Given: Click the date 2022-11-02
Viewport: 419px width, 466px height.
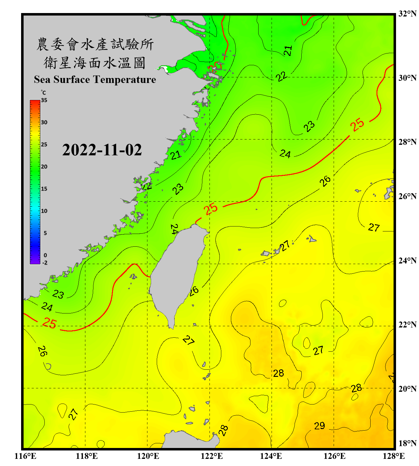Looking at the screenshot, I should [x=102, y=150].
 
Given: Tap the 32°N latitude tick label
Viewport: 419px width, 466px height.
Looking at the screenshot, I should [x=407, y=14].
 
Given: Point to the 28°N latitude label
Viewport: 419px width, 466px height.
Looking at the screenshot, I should [x=407, y=142].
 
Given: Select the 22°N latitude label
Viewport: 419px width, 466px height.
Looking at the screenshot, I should [x=407, y=325].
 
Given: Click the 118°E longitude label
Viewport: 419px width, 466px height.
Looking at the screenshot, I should [x=87, y=456].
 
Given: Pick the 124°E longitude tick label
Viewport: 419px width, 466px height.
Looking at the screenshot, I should [x=271, y=456].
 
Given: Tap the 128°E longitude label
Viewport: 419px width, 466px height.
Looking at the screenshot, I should [x=394, y=456].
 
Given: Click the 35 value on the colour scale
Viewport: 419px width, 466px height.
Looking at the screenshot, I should [x=44, y=100].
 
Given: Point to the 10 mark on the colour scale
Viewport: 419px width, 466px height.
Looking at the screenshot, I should [x=44, y=211].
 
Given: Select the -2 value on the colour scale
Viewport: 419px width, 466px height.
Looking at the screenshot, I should [x=45, y=263].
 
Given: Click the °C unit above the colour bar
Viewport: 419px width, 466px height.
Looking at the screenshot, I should [x=43, y=93].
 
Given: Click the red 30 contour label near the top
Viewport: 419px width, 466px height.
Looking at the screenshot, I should [x=215, y=66].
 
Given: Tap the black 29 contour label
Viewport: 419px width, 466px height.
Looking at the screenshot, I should [x=319, y=426].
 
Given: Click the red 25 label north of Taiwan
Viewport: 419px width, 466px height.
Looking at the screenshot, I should [x=211, y=209].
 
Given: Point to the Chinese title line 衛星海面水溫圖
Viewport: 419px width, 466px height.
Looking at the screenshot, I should [x=95, y=63].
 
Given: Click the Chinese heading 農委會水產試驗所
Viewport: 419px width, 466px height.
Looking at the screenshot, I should [x=95, y=44].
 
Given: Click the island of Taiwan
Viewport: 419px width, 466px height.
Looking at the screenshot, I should [x=177, y=273].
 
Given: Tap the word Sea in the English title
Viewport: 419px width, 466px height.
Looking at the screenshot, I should [x=42, y=80].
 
